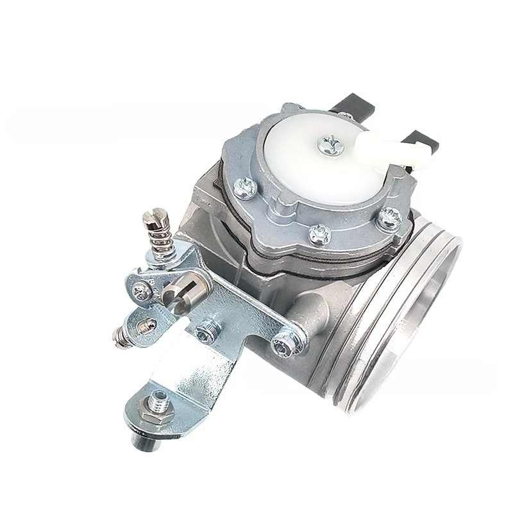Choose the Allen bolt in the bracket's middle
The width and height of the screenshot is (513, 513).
click(x=206, y=330)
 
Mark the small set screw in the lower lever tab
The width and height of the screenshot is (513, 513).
click(x=149, y=325)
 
